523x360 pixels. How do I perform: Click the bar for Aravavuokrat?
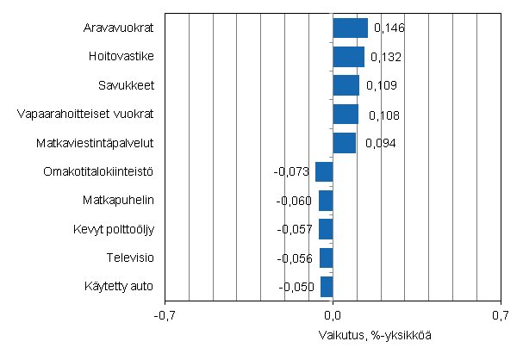coord(350,28)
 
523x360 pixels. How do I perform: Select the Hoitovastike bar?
coord(348,57)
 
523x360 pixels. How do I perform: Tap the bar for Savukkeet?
coord(346,85)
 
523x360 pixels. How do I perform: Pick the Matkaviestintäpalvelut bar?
coord(344,143)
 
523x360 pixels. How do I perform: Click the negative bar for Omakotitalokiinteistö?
coord(324,171)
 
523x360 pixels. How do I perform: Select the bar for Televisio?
coord(326,258)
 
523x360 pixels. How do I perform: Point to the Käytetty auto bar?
coord(327,286)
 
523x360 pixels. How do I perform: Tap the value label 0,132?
coord(386,58)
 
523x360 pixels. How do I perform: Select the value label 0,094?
coord(380,143)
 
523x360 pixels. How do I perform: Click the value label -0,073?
coord(291,172)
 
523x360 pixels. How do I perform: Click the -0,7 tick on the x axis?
coord(165,315)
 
